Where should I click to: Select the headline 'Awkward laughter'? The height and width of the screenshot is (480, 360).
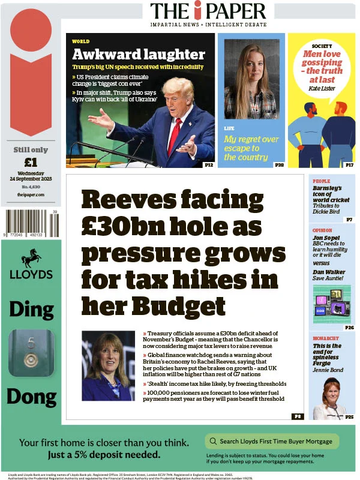coord(139,55)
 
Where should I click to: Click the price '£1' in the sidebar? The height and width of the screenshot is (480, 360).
coord(31,162)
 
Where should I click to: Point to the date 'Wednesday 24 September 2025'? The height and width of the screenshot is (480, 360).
coord(31,176)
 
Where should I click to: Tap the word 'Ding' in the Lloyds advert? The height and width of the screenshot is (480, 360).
coord(31,309)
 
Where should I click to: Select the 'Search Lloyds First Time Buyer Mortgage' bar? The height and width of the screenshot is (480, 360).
coord(272,442)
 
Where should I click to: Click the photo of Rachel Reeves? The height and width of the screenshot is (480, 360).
coord(108,365)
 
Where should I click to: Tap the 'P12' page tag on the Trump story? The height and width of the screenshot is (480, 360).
coord(209,164)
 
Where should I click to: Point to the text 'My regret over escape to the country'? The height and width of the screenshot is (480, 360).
coord(251,148)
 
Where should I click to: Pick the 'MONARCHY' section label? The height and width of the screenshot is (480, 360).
coord(326,338)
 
